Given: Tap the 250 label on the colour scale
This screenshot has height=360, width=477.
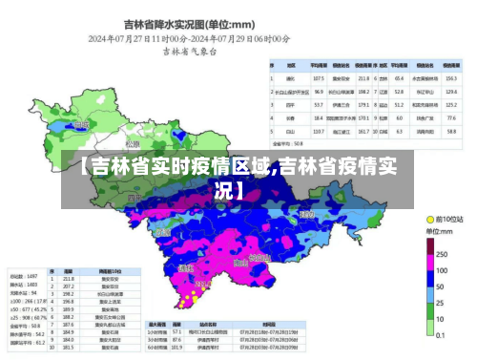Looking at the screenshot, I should (x=442, y=255).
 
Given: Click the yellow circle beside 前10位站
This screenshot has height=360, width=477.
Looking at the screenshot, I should (x=428, y=219).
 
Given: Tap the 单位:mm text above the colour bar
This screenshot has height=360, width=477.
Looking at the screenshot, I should (x=439, y=232).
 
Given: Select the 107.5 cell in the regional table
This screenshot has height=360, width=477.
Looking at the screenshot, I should (x=319, y=77).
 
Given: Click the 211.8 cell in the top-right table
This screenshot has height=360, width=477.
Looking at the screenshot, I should (x=363, y=77).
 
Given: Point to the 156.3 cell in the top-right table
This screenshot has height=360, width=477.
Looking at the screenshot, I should (x=451, y=77).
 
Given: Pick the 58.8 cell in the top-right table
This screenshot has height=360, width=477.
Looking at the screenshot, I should (x=451, y=130).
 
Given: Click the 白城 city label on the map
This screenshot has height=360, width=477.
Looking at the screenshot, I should (x=80, y=124).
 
